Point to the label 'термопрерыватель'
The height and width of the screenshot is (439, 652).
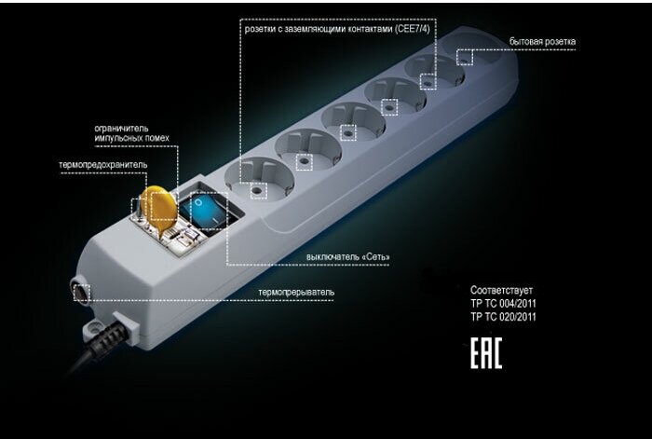296,294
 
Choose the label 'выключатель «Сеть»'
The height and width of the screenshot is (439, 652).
347,256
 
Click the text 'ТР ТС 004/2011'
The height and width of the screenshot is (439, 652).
503,303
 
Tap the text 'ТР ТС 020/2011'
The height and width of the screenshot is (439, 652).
503,317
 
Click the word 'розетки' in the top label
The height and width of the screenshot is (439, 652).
263,29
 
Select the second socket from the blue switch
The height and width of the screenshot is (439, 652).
302,149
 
